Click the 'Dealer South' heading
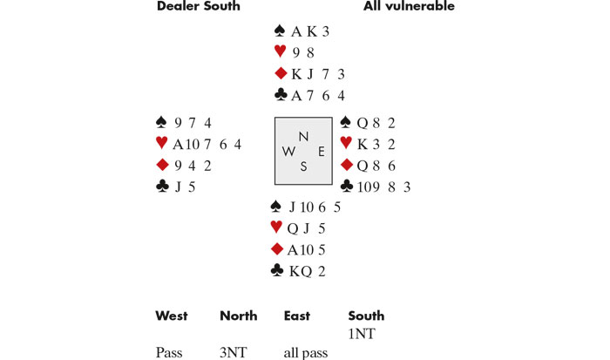(x=198, y=7)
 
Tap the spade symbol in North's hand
(x=279, y=31)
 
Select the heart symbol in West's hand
(x=160, y=143)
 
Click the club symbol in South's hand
(x=278, y=271)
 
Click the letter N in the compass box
(x=303, y=136)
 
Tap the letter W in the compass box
(x=288, y=151)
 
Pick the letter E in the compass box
(x=321, y=151)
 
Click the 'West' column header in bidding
(x=171, y=316)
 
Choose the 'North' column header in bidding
(x=238, y=316)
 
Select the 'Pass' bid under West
(x=169, y=352)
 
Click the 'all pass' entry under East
(x=306, y=352)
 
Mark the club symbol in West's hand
(x=161, y=186)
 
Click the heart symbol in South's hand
(x=277, y=228)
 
